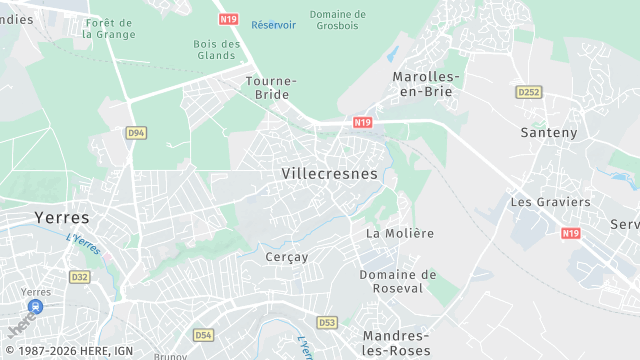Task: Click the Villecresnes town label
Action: tap(330, 173)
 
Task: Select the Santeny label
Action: tap(550, 132)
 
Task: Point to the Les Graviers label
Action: tap(550, 201)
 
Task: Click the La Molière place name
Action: tap(400, 233)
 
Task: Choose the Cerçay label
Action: tap(287, 257)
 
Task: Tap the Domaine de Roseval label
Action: tap(398, 281)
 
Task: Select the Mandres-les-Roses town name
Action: tap(397, 343)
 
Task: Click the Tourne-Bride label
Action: tap(270, 87)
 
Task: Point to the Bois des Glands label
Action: tap(217, 49)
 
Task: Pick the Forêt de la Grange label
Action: tap(110, 28)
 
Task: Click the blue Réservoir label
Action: tap(274, 24)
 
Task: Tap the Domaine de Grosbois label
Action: tap(338, 20)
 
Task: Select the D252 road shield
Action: tap(528, 92)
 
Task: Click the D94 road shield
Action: tap(137, 132)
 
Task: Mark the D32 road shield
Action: tap(80, 276)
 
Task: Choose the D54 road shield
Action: tap(204, 335)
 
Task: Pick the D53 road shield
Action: tap(327, 322)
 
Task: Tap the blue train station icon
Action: tap(36, 306)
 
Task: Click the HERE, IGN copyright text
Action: tap(67, 352)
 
